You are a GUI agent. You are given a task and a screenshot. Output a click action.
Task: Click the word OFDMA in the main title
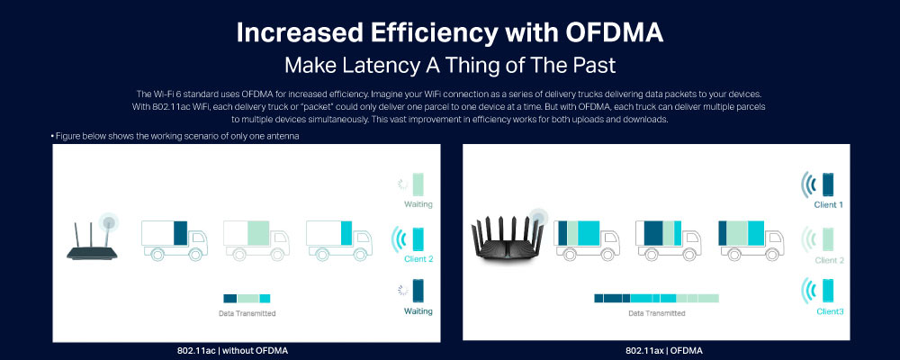[614, 33]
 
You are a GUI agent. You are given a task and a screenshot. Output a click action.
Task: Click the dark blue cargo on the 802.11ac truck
[180, 232]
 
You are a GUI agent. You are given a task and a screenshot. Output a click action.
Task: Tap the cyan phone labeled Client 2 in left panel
[418, 238]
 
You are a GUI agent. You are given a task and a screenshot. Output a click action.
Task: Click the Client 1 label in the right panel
[828, 205]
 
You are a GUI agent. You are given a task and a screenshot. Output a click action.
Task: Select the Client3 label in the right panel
[830, 311]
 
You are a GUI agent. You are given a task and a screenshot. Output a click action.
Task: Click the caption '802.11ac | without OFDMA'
[232, 350]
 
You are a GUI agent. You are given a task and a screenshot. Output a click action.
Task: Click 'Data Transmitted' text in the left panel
[247, 313]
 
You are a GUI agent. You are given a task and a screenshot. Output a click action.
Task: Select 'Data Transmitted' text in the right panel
[657, 313]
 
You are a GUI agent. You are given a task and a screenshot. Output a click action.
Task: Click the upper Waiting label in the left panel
[418, 204]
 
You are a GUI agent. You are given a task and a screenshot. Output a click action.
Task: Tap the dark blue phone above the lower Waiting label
[418, 291]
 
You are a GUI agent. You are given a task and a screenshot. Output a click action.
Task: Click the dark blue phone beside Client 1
[828, 184]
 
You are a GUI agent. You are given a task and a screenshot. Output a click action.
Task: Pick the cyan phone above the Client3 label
[828, 291]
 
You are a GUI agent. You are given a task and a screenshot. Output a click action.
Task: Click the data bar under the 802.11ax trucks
[656, 299]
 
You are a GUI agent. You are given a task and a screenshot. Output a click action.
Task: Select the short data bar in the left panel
[247, 299]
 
